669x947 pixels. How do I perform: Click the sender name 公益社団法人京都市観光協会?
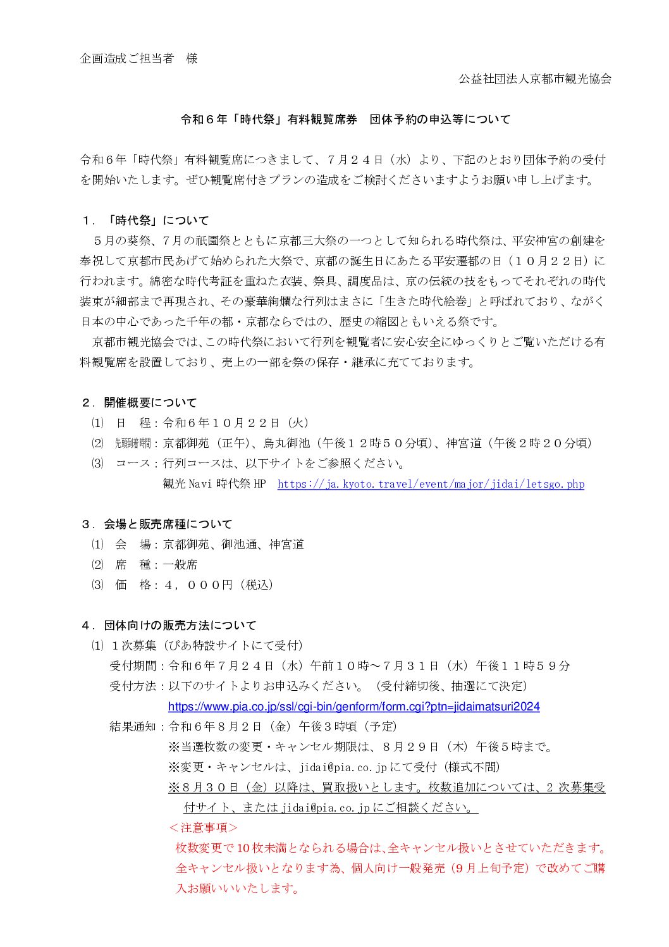[535, 79]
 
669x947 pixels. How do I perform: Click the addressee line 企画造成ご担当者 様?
[138, 59]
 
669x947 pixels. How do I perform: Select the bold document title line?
[345, 120]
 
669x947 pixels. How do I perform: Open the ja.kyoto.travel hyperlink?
[431, 484]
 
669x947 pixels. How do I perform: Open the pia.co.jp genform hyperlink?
[353, 707]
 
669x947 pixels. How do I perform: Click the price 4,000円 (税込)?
[218, 585]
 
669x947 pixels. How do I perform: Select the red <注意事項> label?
[203, 828]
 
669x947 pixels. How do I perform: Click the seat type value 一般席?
[180, 565]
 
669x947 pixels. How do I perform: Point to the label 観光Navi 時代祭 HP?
[214, 484]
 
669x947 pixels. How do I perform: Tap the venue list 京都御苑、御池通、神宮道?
[233, 545]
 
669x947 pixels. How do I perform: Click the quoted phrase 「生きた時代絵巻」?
[427, 302]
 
